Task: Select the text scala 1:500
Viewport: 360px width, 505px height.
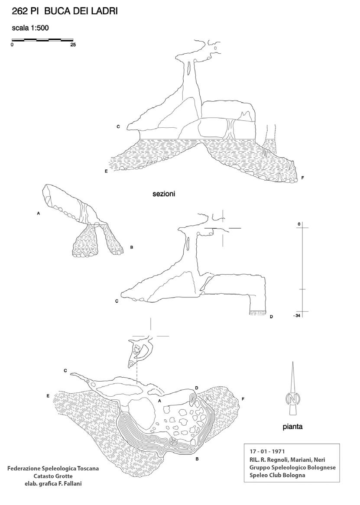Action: coord(30,29)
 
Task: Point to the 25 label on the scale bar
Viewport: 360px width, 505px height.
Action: coord(72,45)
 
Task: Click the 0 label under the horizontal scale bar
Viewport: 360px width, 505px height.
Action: coord(13,45)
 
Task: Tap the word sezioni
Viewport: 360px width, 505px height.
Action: coord(163,194)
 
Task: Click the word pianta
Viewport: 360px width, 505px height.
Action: coord(292,427)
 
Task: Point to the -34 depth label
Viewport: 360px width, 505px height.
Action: coord(297,315)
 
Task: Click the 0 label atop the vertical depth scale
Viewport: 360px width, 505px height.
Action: coord(298,223)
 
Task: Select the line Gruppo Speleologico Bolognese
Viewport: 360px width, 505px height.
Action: coord(292,467)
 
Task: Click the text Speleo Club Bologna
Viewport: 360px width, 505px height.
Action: coord(277,475)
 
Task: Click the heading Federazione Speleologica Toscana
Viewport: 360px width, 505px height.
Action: coord(53,469)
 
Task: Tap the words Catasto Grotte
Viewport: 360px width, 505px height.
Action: coord(53,476)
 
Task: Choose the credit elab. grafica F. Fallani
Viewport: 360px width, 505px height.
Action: coord(53,483)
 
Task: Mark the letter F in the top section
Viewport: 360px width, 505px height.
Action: coord(302,178)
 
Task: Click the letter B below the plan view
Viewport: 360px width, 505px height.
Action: coord(197,459)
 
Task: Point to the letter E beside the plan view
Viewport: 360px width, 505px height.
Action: coord(48,396)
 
